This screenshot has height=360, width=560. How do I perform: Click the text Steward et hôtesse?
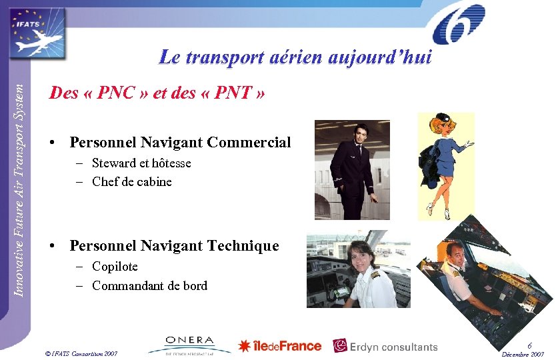[141, 163]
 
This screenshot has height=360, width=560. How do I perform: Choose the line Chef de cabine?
[131, 181]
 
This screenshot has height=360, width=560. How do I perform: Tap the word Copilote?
[115, 267]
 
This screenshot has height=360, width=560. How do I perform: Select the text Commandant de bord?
[149, 286]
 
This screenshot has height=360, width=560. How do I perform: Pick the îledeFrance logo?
[280, 346]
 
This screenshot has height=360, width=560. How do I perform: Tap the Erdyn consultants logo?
[385, 346]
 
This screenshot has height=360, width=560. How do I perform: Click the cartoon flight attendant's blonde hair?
[440, 126]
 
